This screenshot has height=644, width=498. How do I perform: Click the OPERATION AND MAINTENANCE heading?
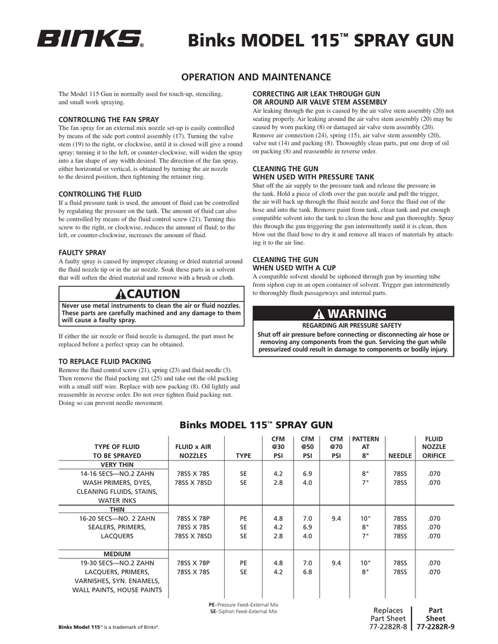click(256, 77)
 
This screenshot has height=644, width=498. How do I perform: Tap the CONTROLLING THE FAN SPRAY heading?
click(108, 119)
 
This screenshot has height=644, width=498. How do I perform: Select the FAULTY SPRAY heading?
click(82, 252)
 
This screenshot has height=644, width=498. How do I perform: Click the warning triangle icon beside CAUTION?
click(122, 294)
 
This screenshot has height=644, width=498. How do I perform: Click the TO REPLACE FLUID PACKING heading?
click(105, 362)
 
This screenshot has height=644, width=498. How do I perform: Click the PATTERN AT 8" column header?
click(365, 447)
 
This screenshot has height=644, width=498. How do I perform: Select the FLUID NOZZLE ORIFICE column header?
click(434, 447)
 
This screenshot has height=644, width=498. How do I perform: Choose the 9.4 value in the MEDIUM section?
click(336, 563)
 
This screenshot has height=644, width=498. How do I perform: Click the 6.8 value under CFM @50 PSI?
click(307, 572)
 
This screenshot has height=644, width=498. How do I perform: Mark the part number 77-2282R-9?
click(436, 627)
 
